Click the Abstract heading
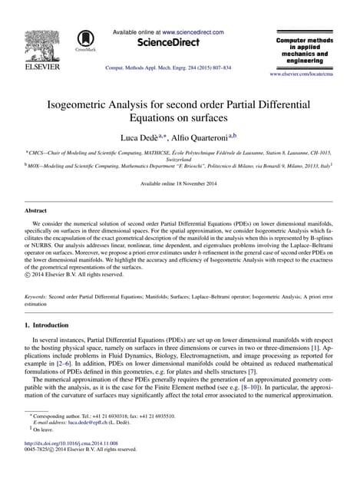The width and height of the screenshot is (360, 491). coord(38,208)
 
